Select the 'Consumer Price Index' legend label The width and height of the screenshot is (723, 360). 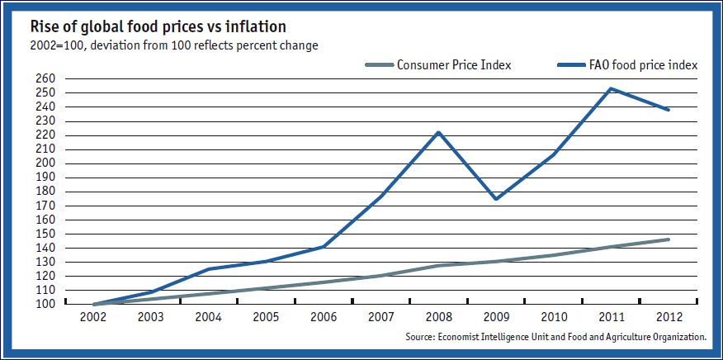(454, 64)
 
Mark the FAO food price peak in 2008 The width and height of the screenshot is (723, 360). (439, 132)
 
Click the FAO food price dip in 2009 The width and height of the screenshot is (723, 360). (496, 199)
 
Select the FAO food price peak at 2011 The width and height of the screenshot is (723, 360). (611, 88)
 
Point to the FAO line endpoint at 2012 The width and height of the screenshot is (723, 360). (668, 110)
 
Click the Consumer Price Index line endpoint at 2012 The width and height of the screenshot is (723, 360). (668, 239)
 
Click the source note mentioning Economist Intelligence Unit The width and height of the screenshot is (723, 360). (556, 337)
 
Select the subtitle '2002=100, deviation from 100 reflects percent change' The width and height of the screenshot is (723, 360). (165, 45)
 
